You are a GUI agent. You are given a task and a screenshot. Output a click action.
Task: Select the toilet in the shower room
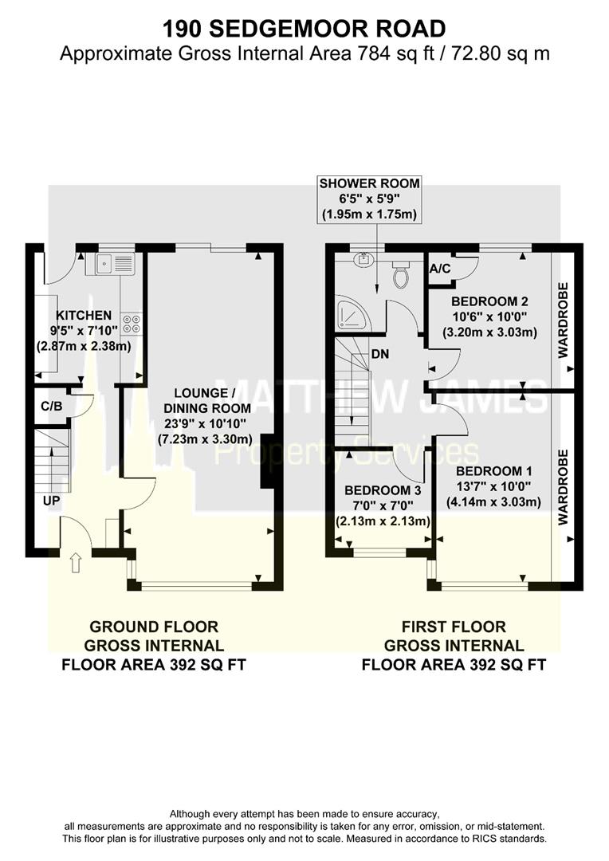(402, 276)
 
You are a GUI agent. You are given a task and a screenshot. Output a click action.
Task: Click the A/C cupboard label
(440, 269)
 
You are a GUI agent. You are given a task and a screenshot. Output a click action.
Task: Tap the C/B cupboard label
(53, 406)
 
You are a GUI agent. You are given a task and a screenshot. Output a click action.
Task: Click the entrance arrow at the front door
(77, 564)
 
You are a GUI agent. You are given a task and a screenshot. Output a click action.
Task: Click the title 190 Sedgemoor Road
(304, 29)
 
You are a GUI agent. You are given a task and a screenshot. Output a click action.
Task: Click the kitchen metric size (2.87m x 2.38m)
(78, 347)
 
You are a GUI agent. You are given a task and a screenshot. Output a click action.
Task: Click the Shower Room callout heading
(369, 183)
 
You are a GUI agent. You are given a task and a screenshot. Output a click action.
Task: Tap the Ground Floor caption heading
(154, 627)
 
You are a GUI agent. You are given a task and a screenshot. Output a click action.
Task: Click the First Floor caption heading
(454, 627)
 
